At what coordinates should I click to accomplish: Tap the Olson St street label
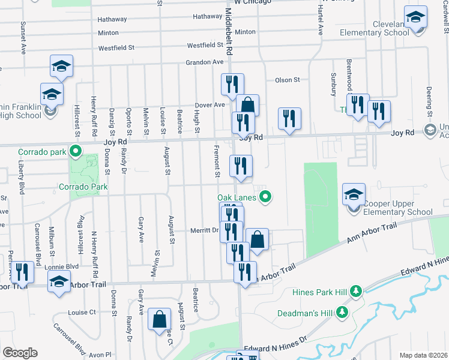tap(287, 80)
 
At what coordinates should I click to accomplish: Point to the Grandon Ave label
tap(204, 62)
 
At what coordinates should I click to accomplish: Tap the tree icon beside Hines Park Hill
tap(357, 292)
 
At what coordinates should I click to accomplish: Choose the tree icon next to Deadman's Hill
tap(342, 312)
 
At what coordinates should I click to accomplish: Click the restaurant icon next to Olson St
tap(232, 85)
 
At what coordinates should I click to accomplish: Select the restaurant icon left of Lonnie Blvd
tap(22, 272)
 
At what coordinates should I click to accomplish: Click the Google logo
tap(20, 353)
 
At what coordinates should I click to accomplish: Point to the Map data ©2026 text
tap(423, 355)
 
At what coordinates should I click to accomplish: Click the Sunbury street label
tap(334, 85)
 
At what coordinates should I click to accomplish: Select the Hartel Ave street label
tap(320, 23)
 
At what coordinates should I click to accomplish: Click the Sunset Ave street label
tap(23, 35)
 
